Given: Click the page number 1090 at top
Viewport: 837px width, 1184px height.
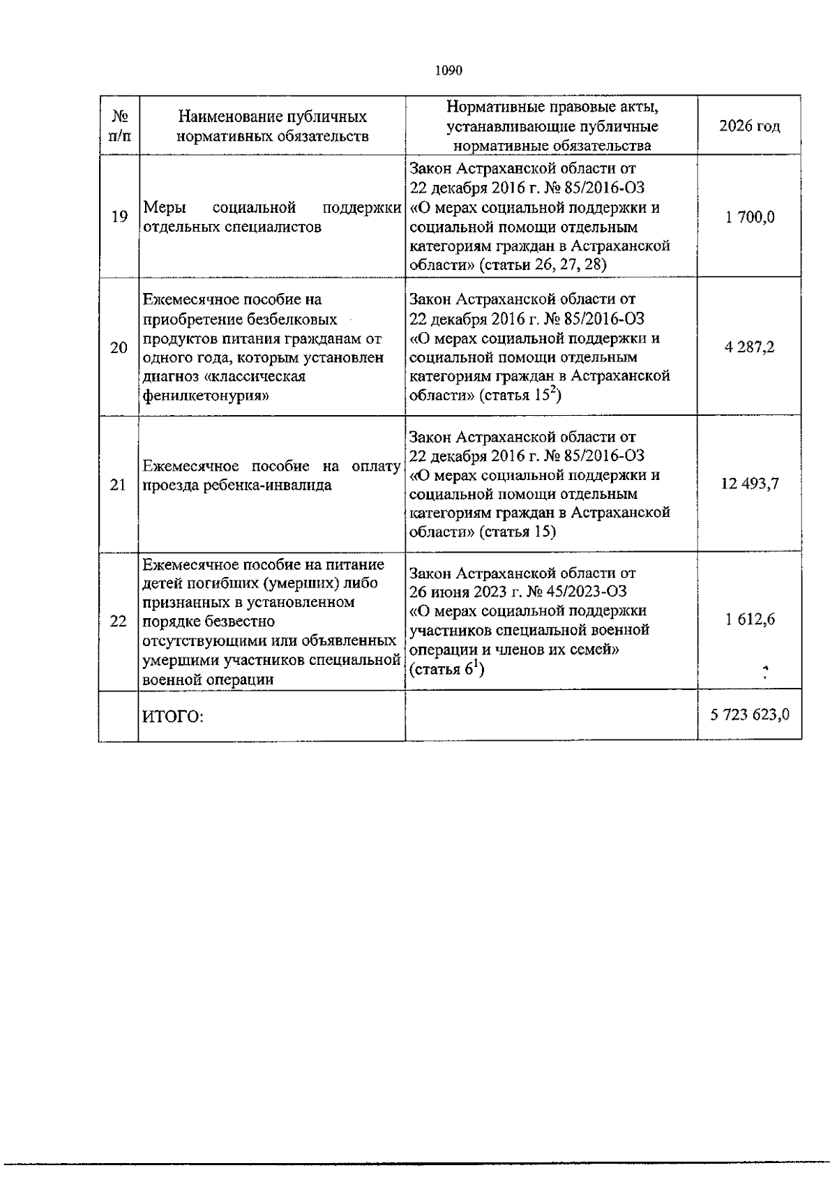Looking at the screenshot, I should pos(448,70).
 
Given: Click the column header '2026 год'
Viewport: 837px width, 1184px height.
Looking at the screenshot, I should pos(749,126).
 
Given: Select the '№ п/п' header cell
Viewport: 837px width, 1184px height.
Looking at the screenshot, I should pos(119,126).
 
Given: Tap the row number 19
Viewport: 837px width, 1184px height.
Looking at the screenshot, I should pos(119,217).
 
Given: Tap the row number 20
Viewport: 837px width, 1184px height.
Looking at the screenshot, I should pos(119,347).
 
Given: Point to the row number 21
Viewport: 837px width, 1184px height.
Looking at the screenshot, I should pos(119,485).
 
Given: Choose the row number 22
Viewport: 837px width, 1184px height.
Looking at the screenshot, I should pos(119,620).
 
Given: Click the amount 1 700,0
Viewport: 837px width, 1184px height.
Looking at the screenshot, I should pos(749,217).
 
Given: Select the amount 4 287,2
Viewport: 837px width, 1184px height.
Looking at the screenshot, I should pos(749,347).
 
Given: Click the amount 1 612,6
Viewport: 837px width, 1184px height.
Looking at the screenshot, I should pos(749,620).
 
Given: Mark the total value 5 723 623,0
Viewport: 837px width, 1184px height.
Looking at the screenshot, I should pos(749,714).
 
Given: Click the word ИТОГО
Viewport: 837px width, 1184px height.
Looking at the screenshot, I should pos(172,717).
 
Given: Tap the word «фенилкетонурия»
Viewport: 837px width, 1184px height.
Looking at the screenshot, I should pos(207,396).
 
